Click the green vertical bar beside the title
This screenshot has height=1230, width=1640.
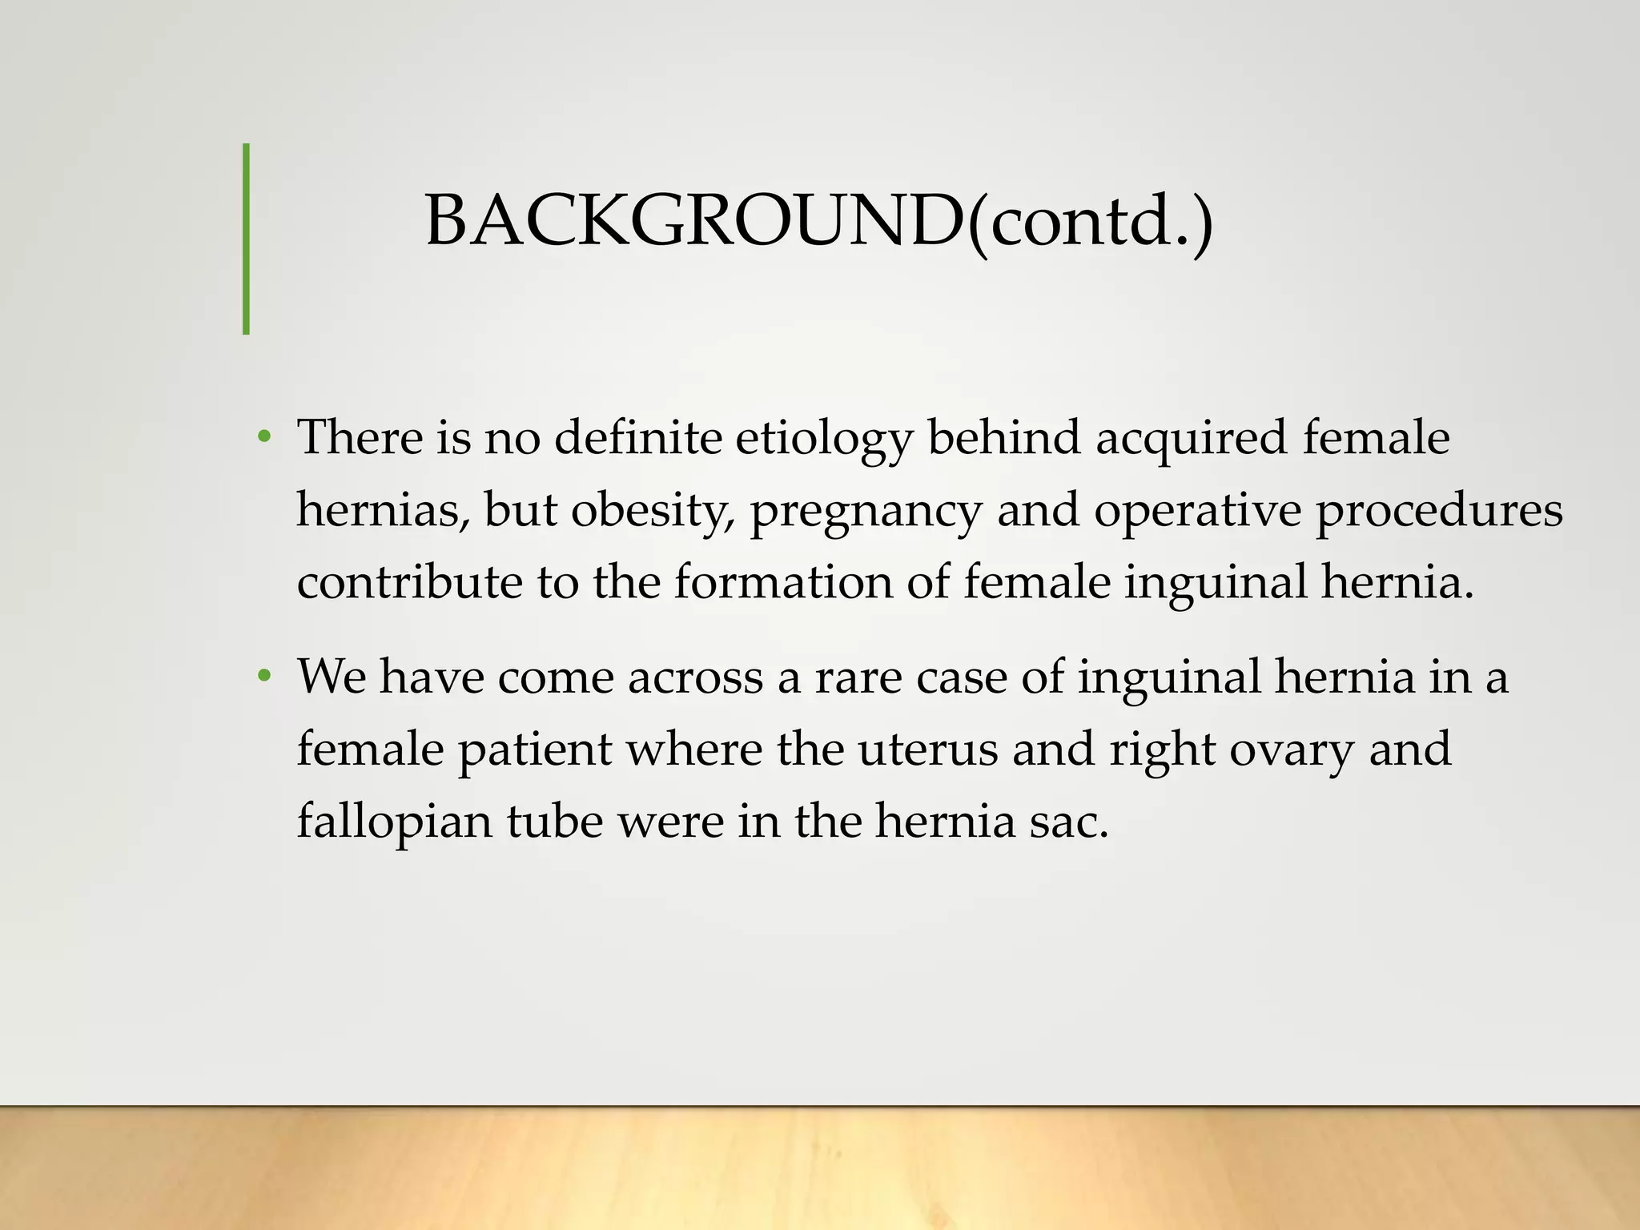(246, 239)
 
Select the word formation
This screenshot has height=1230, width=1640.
(782, 581)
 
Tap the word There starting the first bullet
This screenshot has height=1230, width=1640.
(360, 439)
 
